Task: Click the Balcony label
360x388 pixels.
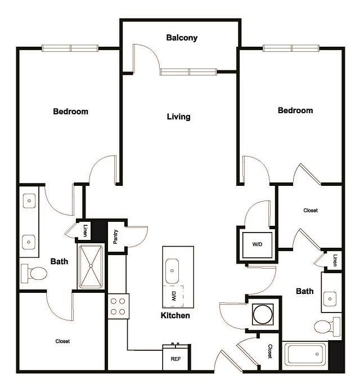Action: click(x=182, y=38)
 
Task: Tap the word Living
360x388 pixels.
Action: click(x=178, y=117)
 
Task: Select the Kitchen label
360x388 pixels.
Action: click(x=175, y=315)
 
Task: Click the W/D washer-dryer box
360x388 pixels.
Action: click(x=256, y=244)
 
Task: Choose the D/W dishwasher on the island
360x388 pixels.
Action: click(x=172, y=295)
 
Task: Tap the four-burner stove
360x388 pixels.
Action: click(x=118, y=306)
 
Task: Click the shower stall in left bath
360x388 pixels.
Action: click(x=91, y=266)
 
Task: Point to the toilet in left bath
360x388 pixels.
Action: click(x=35, y=274)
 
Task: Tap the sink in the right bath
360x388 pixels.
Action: click(x=331, y=297)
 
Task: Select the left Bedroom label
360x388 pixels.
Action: click(x=70, y=112)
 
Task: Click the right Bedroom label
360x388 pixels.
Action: click(x=295, y=111)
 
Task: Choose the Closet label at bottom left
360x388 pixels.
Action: click(x=62, y=341)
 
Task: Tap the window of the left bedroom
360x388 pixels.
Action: click(x=70, y=48)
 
